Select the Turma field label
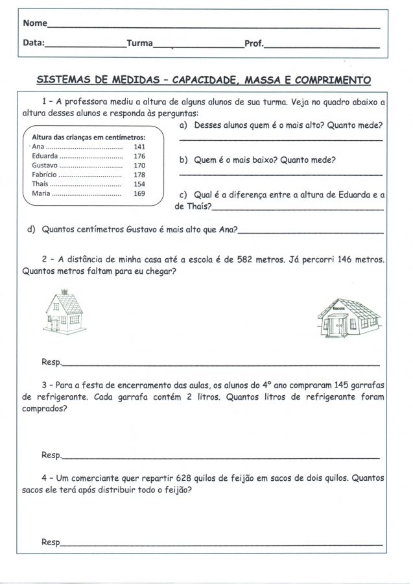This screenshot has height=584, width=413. click(139, 44)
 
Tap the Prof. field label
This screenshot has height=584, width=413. click(254, 44)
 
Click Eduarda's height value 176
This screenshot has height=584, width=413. click(139, 157)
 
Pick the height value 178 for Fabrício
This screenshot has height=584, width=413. click(139, 175)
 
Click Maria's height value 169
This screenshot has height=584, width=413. click(139, 193)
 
